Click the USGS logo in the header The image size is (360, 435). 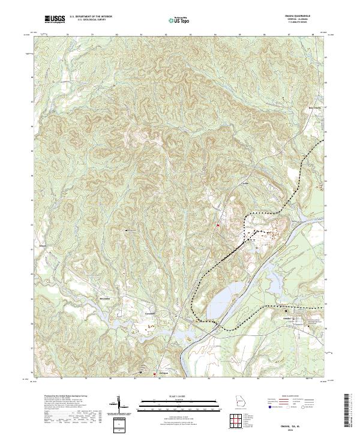pos(55,19)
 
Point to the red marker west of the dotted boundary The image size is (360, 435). pos(217,225)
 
